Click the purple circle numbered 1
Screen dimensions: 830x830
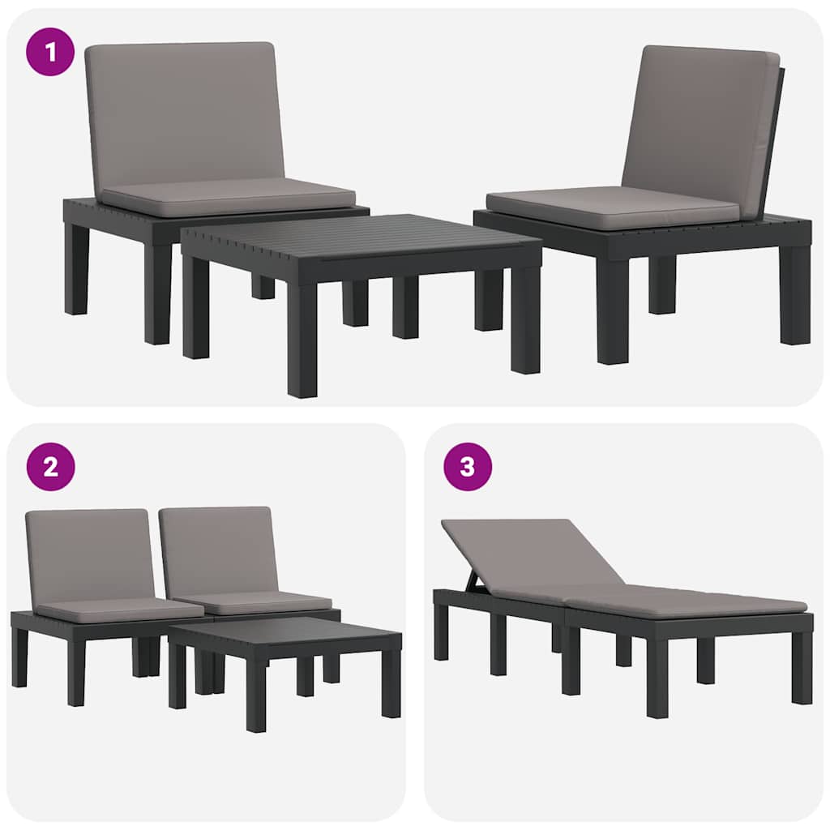[50, 52]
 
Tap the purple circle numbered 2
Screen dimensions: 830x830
[50, 467]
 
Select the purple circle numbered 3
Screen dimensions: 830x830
[468, 467]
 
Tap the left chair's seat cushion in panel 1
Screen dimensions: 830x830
[229, 197]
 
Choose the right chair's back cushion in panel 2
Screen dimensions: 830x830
[217, 553]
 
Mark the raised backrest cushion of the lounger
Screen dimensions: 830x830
[535, 558]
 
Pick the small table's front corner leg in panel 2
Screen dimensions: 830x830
[256, 698]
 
